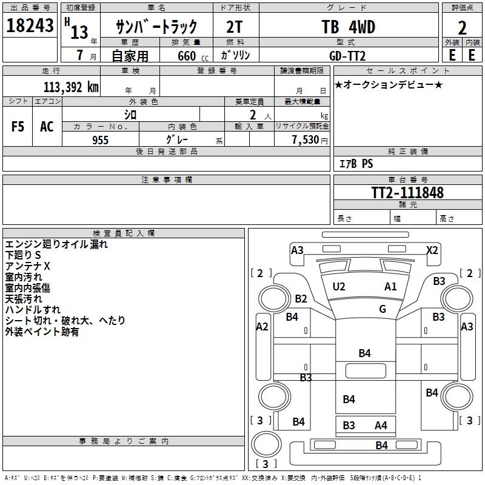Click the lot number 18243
30,26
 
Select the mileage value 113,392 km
71,86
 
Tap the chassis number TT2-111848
407,193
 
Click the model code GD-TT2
347,55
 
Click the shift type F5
18,127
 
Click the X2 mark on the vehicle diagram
432,250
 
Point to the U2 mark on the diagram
339,287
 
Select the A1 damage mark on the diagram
390,287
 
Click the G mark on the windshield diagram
383,309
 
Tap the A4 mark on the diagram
381,426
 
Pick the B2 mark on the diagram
301,298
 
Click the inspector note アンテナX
28,267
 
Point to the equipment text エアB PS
355,164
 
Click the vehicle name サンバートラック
156,27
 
